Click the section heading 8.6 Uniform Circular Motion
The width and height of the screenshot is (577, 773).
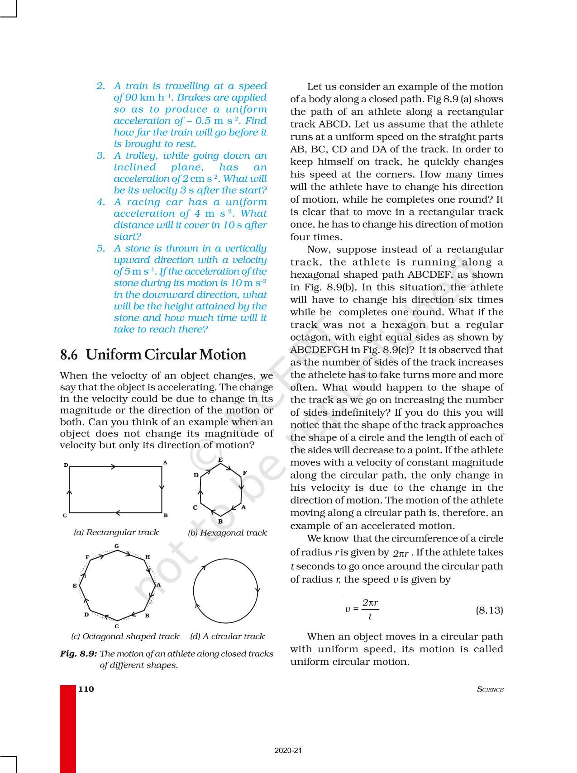pyautogui.click(x=153, y=355)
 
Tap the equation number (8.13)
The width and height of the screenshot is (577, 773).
pyautogui.click(x=489, y=610)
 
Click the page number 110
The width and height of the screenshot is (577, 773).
pyautogui.click(x=86, y=689)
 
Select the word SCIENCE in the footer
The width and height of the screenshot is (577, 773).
pyautogui.click(x=490, y=689)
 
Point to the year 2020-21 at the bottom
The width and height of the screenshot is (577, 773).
pyautogui.click(x=288, y=751)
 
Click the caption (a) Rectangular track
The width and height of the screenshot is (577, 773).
pyautogui.click(x=116, y=532)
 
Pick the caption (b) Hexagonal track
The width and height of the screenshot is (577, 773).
pyautogui.click(x=227, y=533)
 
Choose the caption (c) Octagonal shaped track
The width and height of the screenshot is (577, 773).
pyautogui.click(x=125, y=636)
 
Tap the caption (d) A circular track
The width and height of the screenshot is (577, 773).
pyautogui.click(x=227, y=636)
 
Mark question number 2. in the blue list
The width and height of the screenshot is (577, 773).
pyautogui.click(x=101, y=86)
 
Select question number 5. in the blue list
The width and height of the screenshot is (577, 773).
pyautogui.click(x=101, y=248)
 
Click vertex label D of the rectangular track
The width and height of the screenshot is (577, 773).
pyautogui.click(x=66, y=465)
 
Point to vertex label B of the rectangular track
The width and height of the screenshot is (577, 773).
pyautogui.click(x=166, y=515)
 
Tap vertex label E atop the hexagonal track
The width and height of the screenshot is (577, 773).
pyautogui.click(x=220, y=460)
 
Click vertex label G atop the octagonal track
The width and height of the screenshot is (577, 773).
pyautogui.click(x=117, y=546)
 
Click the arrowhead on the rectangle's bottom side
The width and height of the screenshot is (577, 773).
pyautogui.click(x=118, y=512)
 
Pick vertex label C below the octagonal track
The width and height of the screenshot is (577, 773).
pyautogui.click(x=117, y=626)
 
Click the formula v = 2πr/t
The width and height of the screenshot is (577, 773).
pyautogui.click(x=362, y=610)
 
